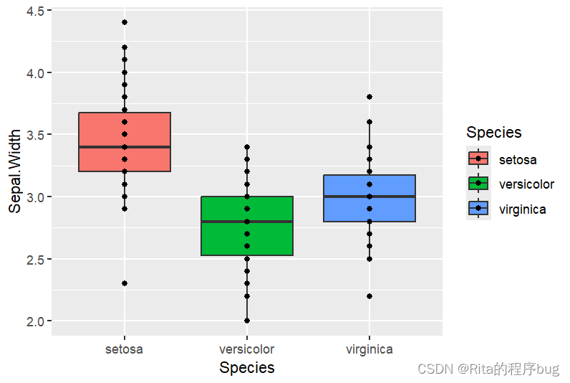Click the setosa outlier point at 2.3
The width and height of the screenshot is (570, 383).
click(125, 283)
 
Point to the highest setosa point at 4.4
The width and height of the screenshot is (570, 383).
click(125, 22)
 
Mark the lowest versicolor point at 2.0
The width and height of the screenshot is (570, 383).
click(247, 321)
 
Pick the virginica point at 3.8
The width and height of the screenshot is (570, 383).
click(369, 97)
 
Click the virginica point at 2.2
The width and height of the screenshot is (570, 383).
click(369, 296)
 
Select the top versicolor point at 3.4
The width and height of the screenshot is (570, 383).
click(247, 147)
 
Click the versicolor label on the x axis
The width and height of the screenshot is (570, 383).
click(247, 350)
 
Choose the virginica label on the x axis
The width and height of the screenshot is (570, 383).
click(369, 350)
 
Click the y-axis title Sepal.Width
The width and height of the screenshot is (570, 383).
click(15, 172)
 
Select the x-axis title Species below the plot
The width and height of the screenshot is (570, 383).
click(247, 368)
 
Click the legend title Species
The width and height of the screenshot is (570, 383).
click(493, 133)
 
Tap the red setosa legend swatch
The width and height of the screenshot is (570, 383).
click(478, 159)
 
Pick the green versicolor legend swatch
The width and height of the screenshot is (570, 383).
click(478, 184)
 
